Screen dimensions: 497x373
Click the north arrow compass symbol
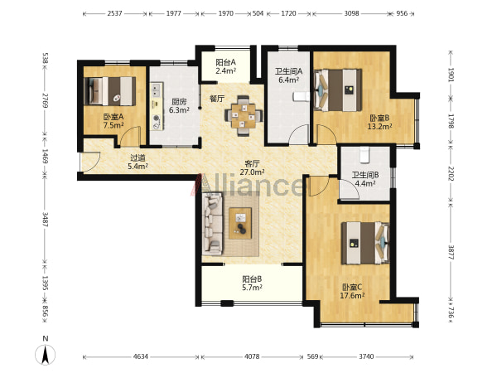click(x=46, y=354)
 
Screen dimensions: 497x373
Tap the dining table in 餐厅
click(x=244, y=116)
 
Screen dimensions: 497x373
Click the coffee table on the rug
click(x=240, y=223)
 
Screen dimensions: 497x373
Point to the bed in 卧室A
click(x=110, y=91)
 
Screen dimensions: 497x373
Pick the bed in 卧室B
click(x=338, y=90)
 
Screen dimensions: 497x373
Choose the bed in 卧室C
click(x=365, y=243)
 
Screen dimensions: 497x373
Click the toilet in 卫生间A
click(x=302, y=97)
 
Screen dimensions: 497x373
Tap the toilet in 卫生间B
click(x=364, y=154)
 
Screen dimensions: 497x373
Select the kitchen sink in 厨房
click(x=156, y=90)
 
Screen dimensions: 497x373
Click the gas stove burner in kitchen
click(x=157, y=119)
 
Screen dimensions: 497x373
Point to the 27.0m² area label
click(x=253, y=172)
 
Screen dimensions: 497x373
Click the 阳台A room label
click(x=225, y=62)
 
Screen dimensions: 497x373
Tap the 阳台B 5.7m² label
click(x=252, y=283)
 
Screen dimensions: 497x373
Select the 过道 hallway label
click(x=138, y=157)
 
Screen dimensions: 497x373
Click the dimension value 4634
click(x=141, y=356)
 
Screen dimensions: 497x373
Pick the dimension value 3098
click(x=351, y=13)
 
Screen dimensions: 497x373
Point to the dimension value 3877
click(x=451, y=252)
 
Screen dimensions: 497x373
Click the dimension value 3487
click(x=46, y=220)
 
